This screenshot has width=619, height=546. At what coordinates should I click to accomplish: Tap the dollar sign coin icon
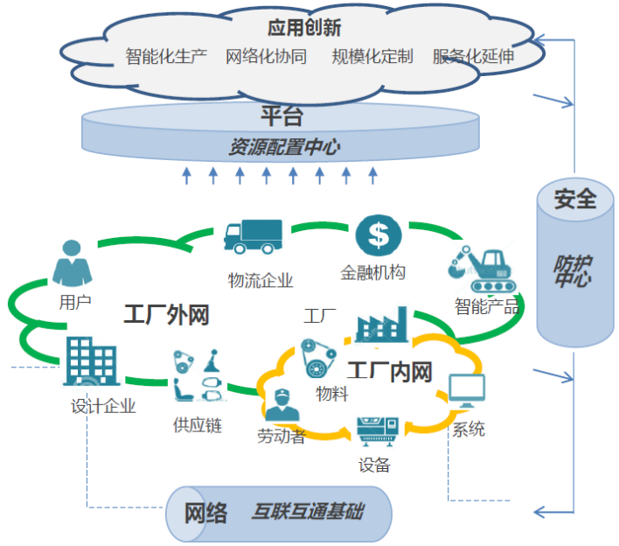click(378, 234)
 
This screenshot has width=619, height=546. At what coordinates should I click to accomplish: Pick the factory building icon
click(381, 325)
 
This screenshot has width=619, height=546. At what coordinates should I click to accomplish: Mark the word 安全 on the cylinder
click(574, 199)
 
